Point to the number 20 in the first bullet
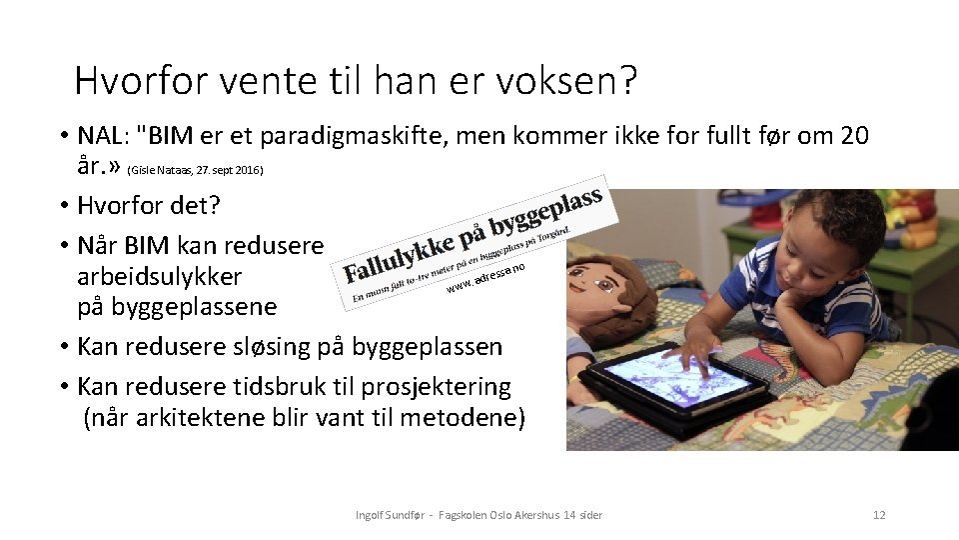(x=853, y=135)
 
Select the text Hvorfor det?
(x=149, y=206)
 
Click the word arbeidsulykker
(x=159, y=275)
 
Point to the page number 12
(x=879, y=515)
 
